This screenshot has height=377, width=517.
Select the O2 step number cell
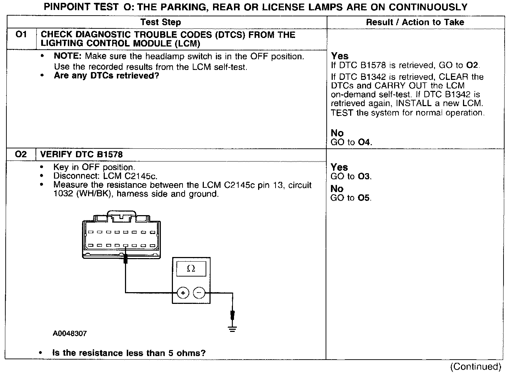(x=21, y=154)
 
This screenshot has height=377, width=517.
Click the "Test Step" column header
(x=160, y=22)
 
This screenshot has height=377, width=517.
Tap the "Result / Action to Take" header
(x=415, y=22)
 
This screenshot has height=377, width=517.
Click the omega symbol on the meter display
(x=191, y=269)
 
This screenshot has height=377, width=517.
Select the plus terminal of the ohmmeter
(x=183, y=293)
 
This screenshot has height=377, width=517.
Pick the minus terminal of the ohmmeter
(x=199, y=293)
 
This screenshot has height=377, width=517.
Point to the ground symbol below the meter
(x=233, y=328)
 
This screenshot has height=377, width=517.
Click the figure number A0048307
(x=70, y=334)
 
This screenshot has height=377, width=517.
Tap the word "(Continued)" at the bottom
(x=476, y=367)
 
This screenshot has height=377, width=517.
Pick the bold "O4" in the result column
(x=364, y=143)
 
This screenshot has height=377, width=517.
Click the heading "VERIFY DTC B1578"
(x=82, y=154)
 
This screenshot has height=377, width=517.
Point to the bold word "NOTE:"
(x=68, y=56)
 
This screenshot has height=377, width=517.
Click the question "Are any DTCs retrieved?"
(x=106, y=76)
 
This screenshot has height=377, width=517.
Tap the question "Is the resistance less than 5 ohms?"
(x=129, y=353)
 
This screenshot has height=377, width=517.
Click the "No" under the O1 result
(x=337, y=133)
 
